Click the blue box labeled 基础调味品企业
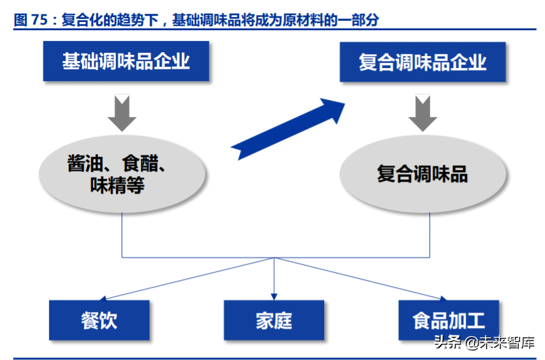(x=126, y=61)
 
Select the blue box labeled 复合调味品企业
(x=422, y=62)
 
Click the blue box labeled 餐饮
(x=99, y=320)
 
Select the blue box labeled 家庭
(x=274, y=320)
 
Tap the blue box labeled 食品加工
(x=449, y=320)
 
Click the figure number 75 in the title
(x=39, y=20)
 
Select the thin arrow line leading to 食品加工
(x=359, y=278)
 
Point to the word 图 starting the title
(x=20, y=20)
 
